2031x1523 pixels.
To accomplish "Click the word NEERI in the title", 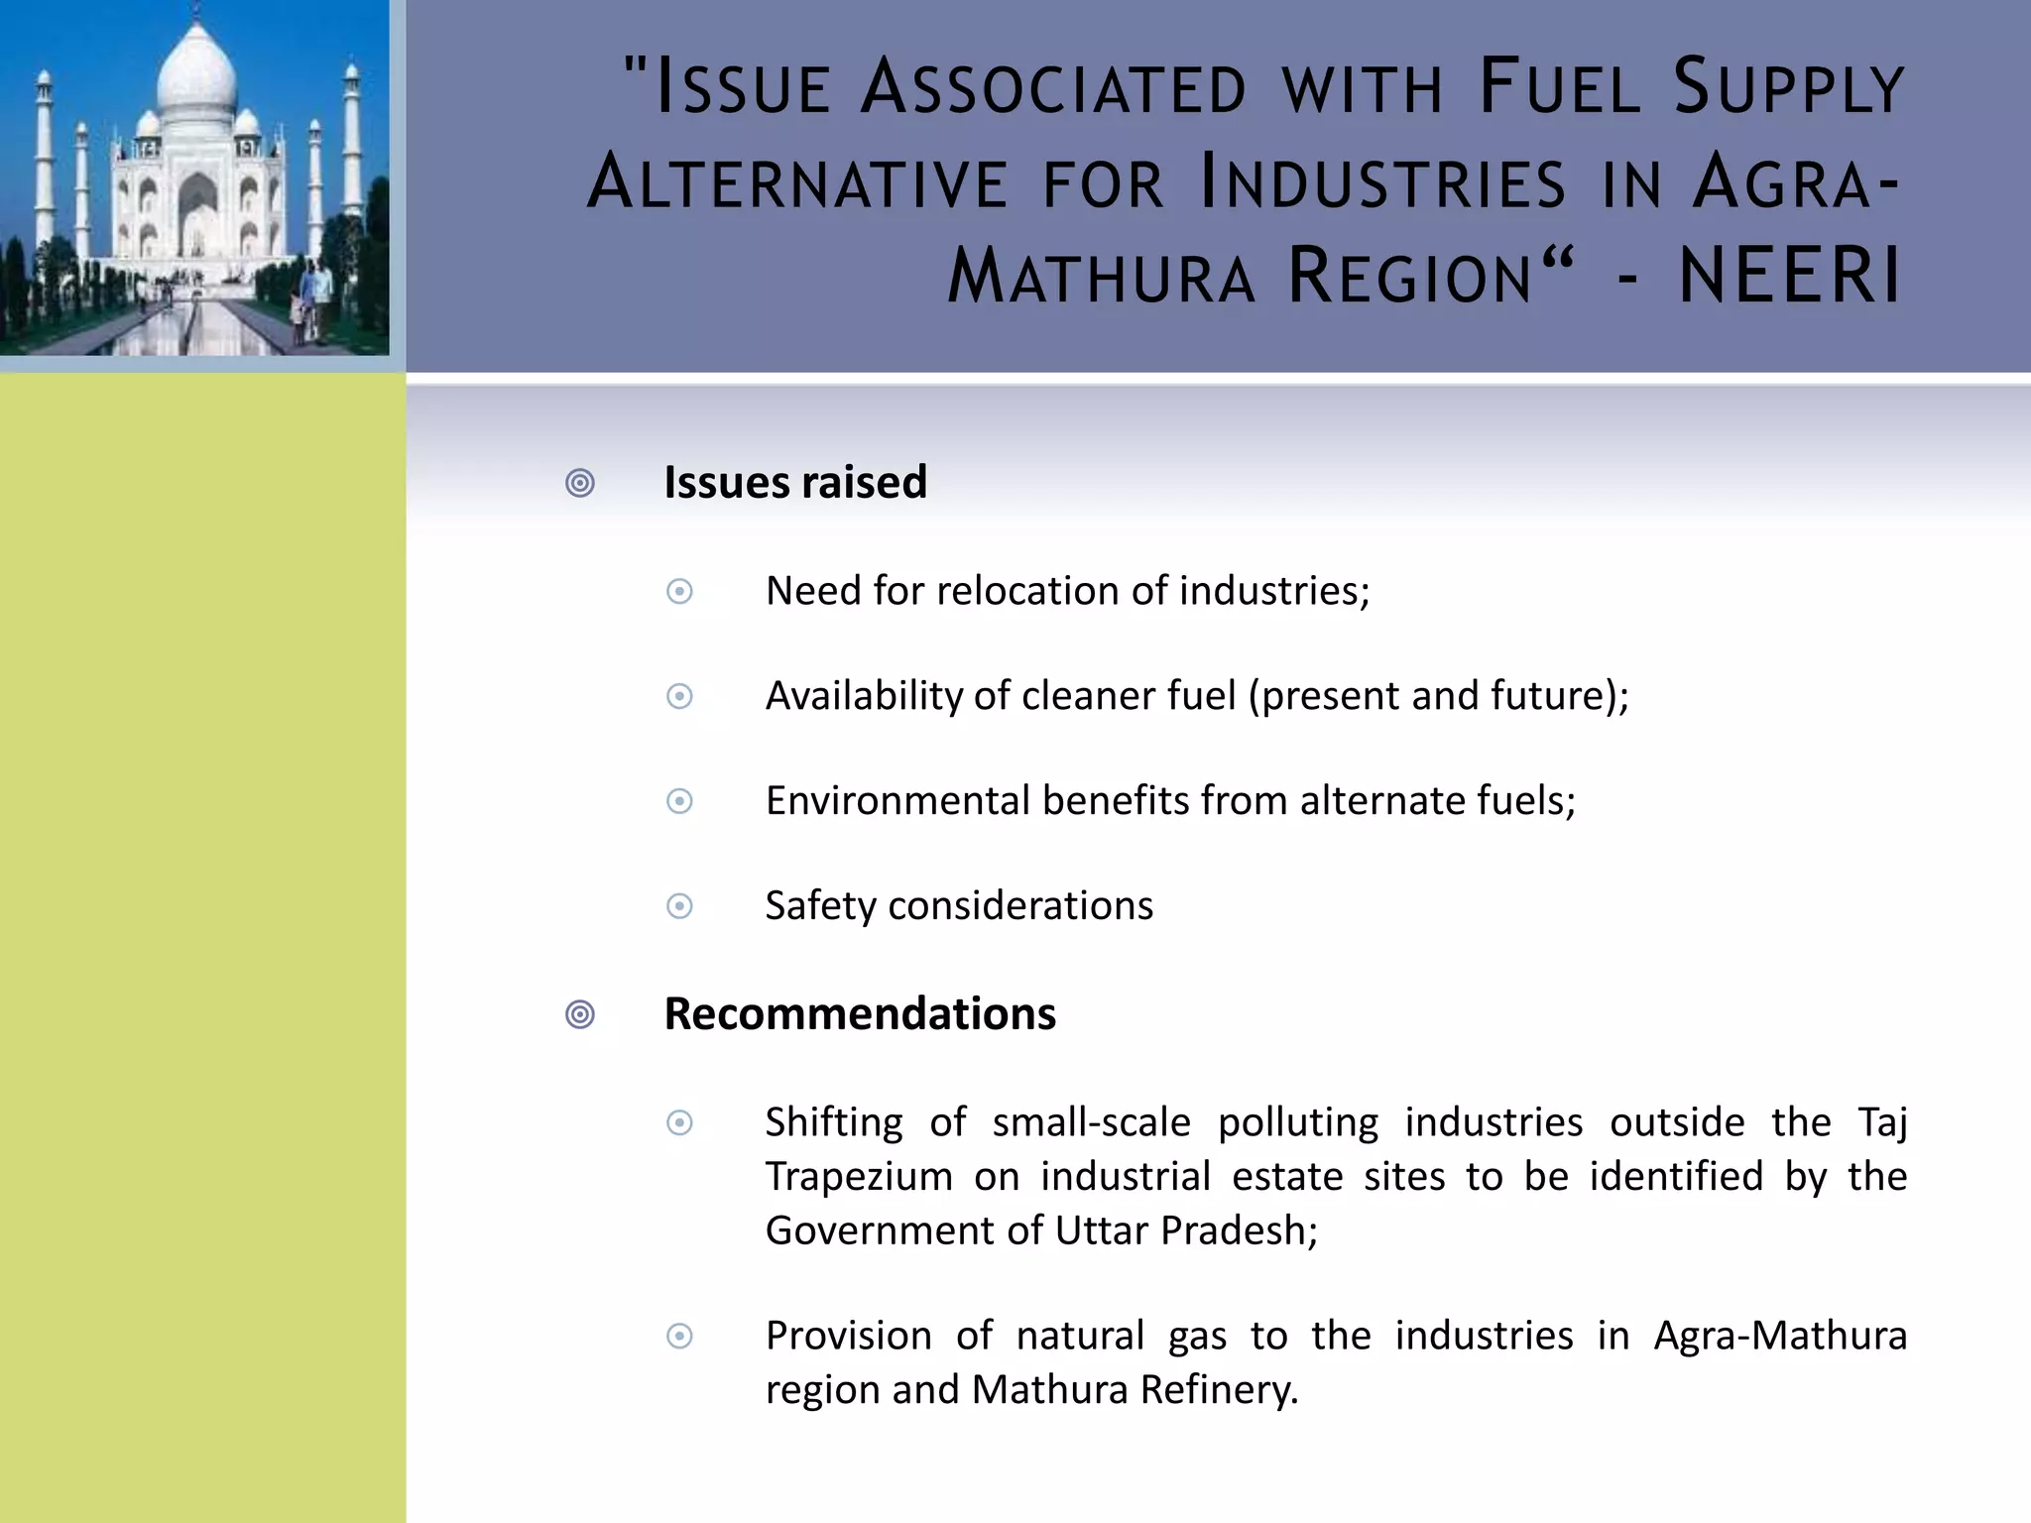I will pyautogui.click(x=1790, y=276).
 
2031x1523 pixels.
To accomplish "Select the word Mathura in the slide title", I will pyautogui.click(x=1101, y=276).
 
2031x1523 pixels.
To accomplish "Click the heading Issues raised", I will pyautogui.click(x=795, y=483).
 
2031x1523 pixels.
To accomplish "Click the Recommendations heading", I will pyautogui.click(x=860, y=1014).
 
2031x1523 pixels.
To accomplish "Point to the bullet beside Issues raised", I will pyautogui.click(x=580, y=484).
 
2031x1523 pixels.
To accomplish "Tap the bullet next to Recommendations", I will pyautogui.click(x=580, y=1015).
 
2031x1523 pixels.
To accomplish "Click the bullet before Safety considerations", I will pyautogui.click(x=679, y=906).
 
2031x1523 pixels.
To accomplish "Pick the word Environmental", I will pyautogui.click(x=897, y=801).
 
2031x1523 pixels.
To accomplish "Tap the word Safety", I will pyautogui.click(x=821, y=906).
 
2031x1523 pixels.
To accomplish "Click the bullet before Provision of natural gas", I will pyautogui.click(x=679, y=1337).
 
